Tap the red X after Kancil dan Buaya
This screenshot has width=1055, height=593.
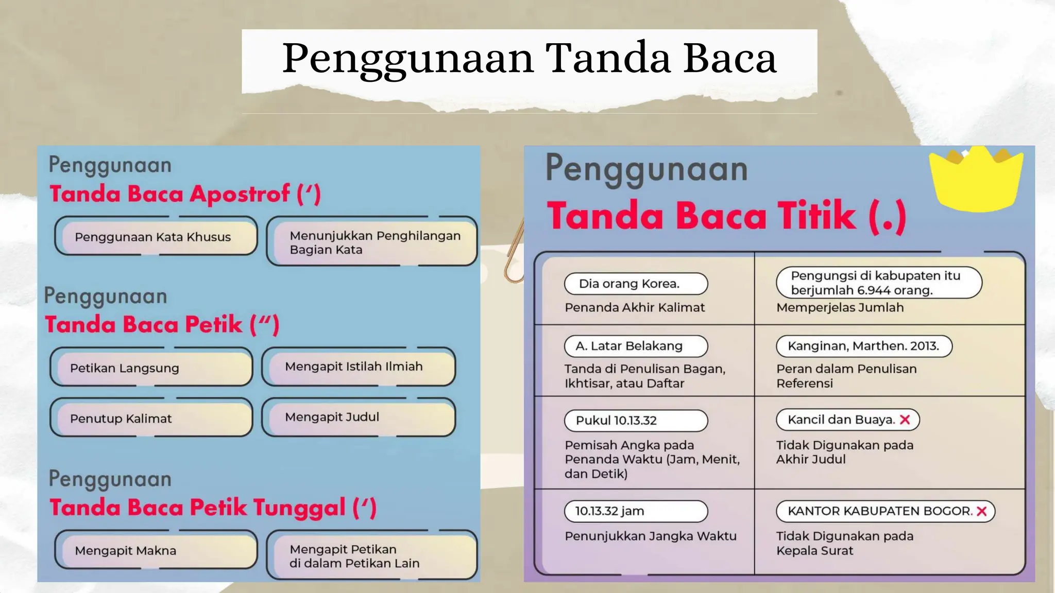(905, 420)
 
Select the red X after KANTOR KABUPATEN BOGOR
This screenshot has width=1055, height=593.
(981, 511)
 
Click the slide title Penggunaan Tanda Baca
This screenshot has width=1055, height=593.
(529, 59)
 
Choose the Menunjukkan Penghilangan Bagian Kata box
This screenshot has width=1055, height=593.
(372, 242)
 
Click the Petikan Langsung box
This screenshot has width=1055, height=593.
(151, 368)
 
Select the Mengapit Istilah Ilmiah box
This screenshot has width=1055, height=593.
(359, 367)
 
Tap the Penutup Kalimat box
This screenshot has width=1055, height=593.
(151, 418)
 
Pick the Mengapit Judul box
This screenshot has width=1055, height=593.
(359, 417)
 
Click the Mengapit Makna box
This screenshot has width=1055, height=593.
(156, 550)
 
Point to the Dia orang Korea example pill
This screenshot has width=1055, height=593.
(636, 284)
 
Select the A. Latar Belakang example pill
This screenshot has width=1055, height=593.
(636, 346)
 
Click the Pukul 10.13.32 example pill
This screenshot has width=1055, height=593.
(636, 421)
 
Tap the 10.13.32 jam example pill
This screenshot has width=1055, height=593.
(636, 511)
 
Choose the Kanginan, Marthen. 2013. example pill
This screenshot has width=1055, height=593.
(864, 346)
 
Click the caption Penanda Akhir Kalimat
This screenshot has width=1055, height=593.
(635, 307)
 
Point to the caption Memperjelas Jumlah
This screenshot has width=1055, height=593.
(840, 307)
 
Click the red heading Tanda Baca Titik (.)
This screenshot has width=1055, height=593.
(726, 216)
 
